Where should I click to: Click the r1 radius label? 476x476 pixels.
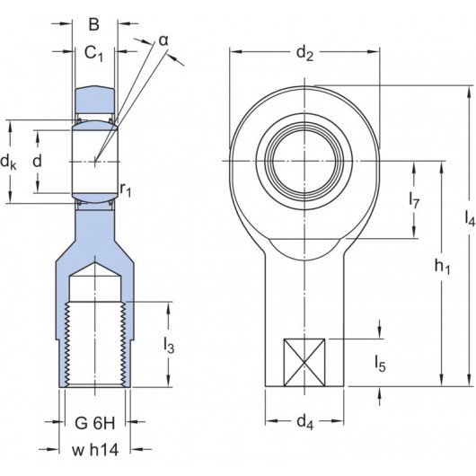pyautogui.click(x=126, y=189)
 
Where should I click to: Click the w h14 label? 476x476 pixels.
pyautogui.click(x=95, y=449)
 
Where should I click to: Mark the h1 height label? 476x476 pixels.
pyautogui.click(x=442, y=266)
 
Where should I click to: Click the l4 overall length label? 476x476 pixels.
pyautogui.click(x=469, y=218)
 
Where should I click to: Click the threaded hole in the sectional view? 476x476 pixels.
pyautogui.click(x=95, y=341)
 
